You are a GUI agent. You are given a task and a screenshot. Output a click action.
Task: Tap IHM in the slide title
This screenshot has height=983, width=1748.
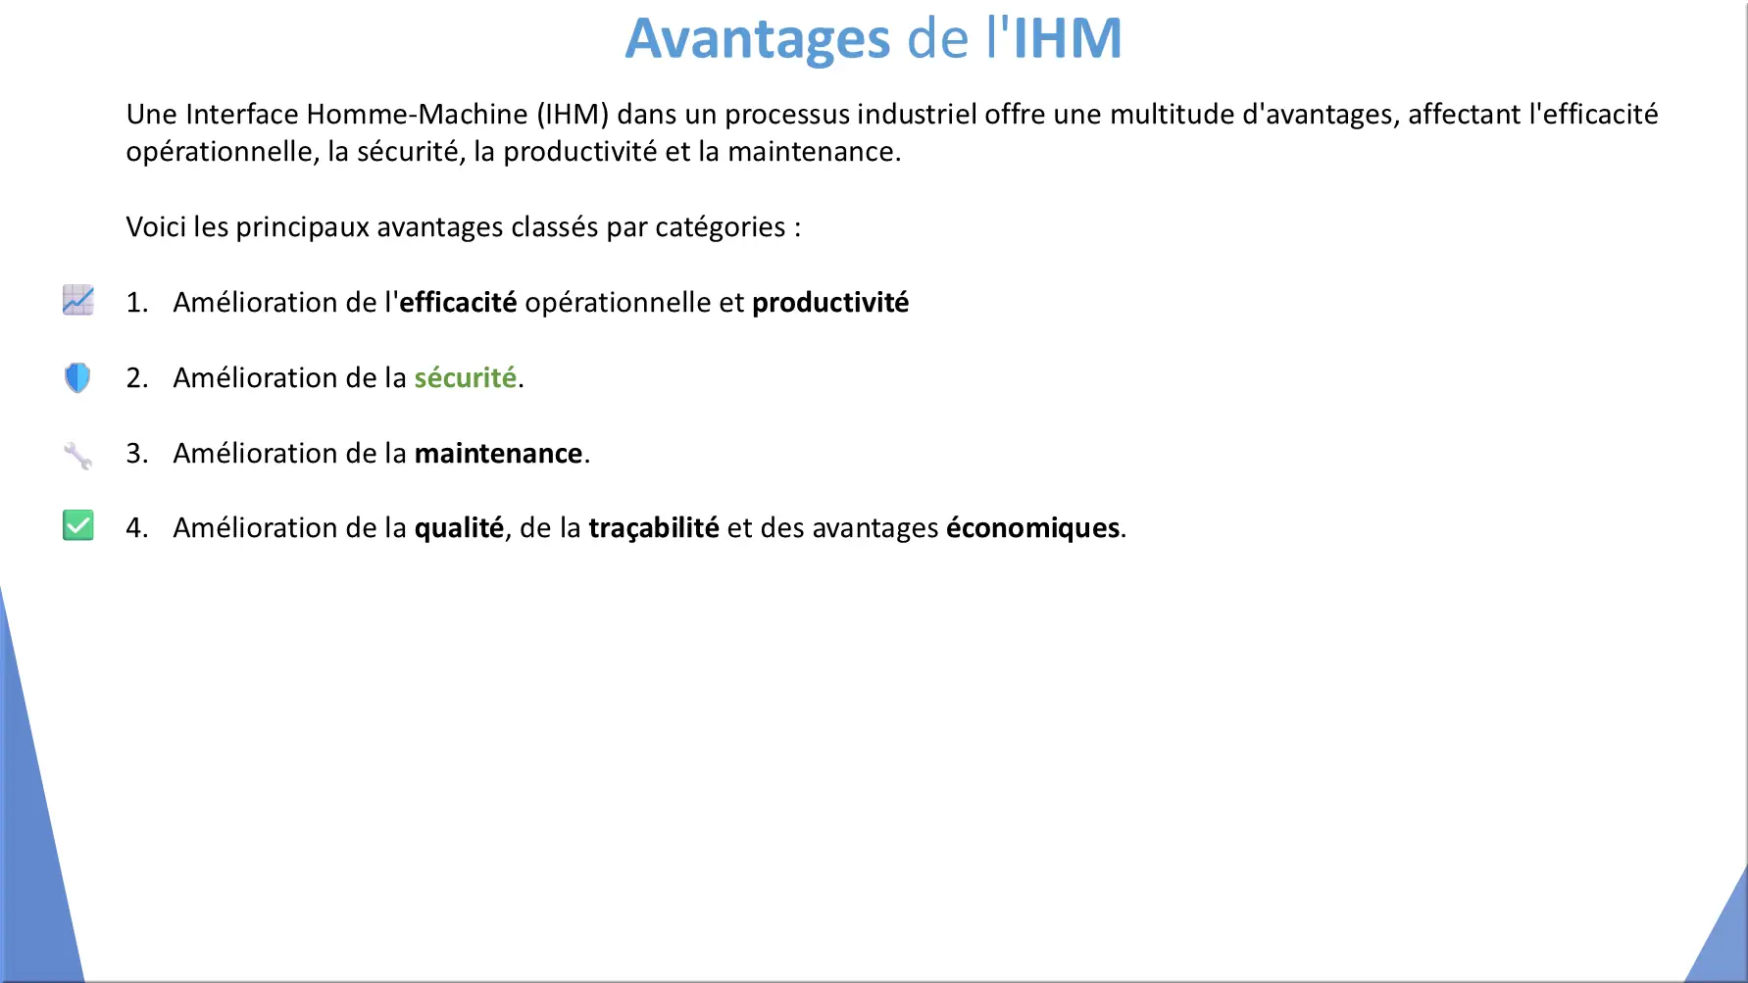pos(1068,38)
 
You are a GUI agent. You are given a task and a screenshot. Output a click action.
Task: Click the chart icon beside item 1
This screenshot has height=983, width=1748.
pos(78,300)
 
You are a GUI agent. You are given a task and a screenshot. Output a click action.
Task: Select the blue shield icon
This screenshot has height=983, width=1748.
pos(77,377)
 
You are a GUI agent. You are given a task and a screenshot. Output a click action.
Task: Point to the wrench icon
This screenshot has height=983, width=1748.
pos(77,456)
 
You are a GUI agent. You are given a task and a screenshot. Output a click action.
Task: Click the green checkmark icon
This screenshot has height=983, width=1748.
pos(78,525)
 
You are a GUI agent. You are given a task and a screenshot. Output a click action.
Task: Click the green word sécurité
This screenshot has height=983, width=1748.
pos(466,377)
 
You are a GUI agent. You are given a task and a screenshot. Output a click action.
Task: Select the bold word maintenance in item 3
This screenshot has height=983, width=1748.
pos(499,453)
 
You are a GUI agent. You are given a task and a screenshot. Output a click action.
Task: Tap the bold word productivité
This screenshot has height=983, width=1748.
pos(830,303)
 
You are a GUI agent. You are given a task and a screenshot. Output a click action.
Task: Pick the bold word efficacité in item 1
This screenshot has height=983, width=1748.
pos(458,302)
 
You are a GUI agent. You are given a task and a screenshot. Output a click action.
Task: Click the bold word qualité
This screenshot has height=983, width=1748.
pos(459,528)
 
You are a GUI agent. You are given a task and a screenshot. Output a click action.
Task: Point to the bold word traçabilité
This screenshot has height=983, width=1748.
pos(654,528)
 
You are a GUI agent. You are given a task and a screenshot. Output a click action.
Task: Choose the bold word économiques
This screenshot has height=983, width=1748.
pos(1033,528)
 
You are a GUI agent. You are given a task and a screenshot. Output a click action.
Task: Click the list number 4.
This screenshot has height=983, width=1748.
pos(136,528)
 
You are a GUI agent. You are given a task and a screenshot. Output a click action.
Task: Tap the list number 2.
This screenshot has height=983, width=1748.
pos(136,378)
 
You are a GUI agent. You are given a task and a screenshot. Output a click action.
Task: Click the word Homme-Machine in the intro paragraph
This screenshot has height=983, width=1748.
pos(418,115)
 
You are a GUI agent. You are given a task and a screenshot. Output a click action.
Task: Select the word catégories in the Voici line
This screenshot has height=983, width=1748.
pos(721,228)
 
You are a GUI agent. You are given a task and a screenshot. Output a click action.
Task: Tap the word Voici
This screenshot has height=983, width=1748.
pos(156,227)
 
